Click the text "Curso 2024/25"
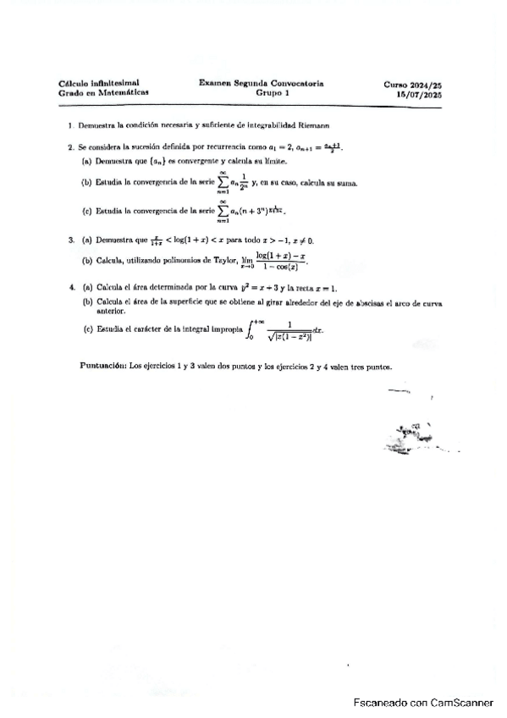(412, 85)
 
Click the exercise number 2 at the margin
(70, 146)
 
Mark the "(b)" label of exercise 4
(87, 301)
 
